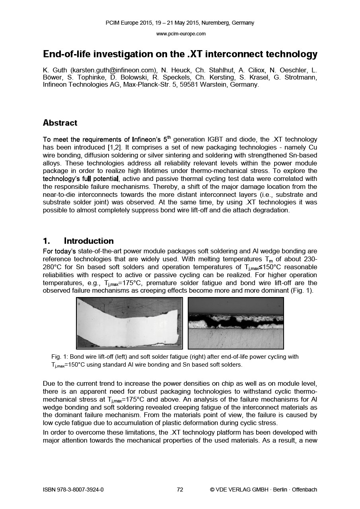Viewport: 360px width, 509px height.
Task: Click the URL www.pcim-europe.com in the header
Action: tap(181, 34)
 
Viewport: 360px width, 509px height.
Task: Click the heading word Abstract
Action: tap(60, 123)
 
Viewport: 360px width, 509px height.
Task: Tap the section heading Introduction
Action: tap(89, 241)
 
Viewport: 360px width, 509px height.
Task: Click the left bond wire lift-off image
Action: tap(129, 323)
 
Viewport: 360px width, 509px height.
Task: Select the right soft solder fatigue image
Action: tap(235, 323)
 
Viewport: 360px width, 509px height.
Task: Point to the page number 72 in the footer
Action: tap(180, 490)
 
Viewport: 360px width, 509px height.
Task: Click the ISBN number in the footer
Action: tap(73, 490)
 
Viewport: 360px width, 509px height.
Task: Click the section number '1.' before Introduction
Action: tap(47, 241)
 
